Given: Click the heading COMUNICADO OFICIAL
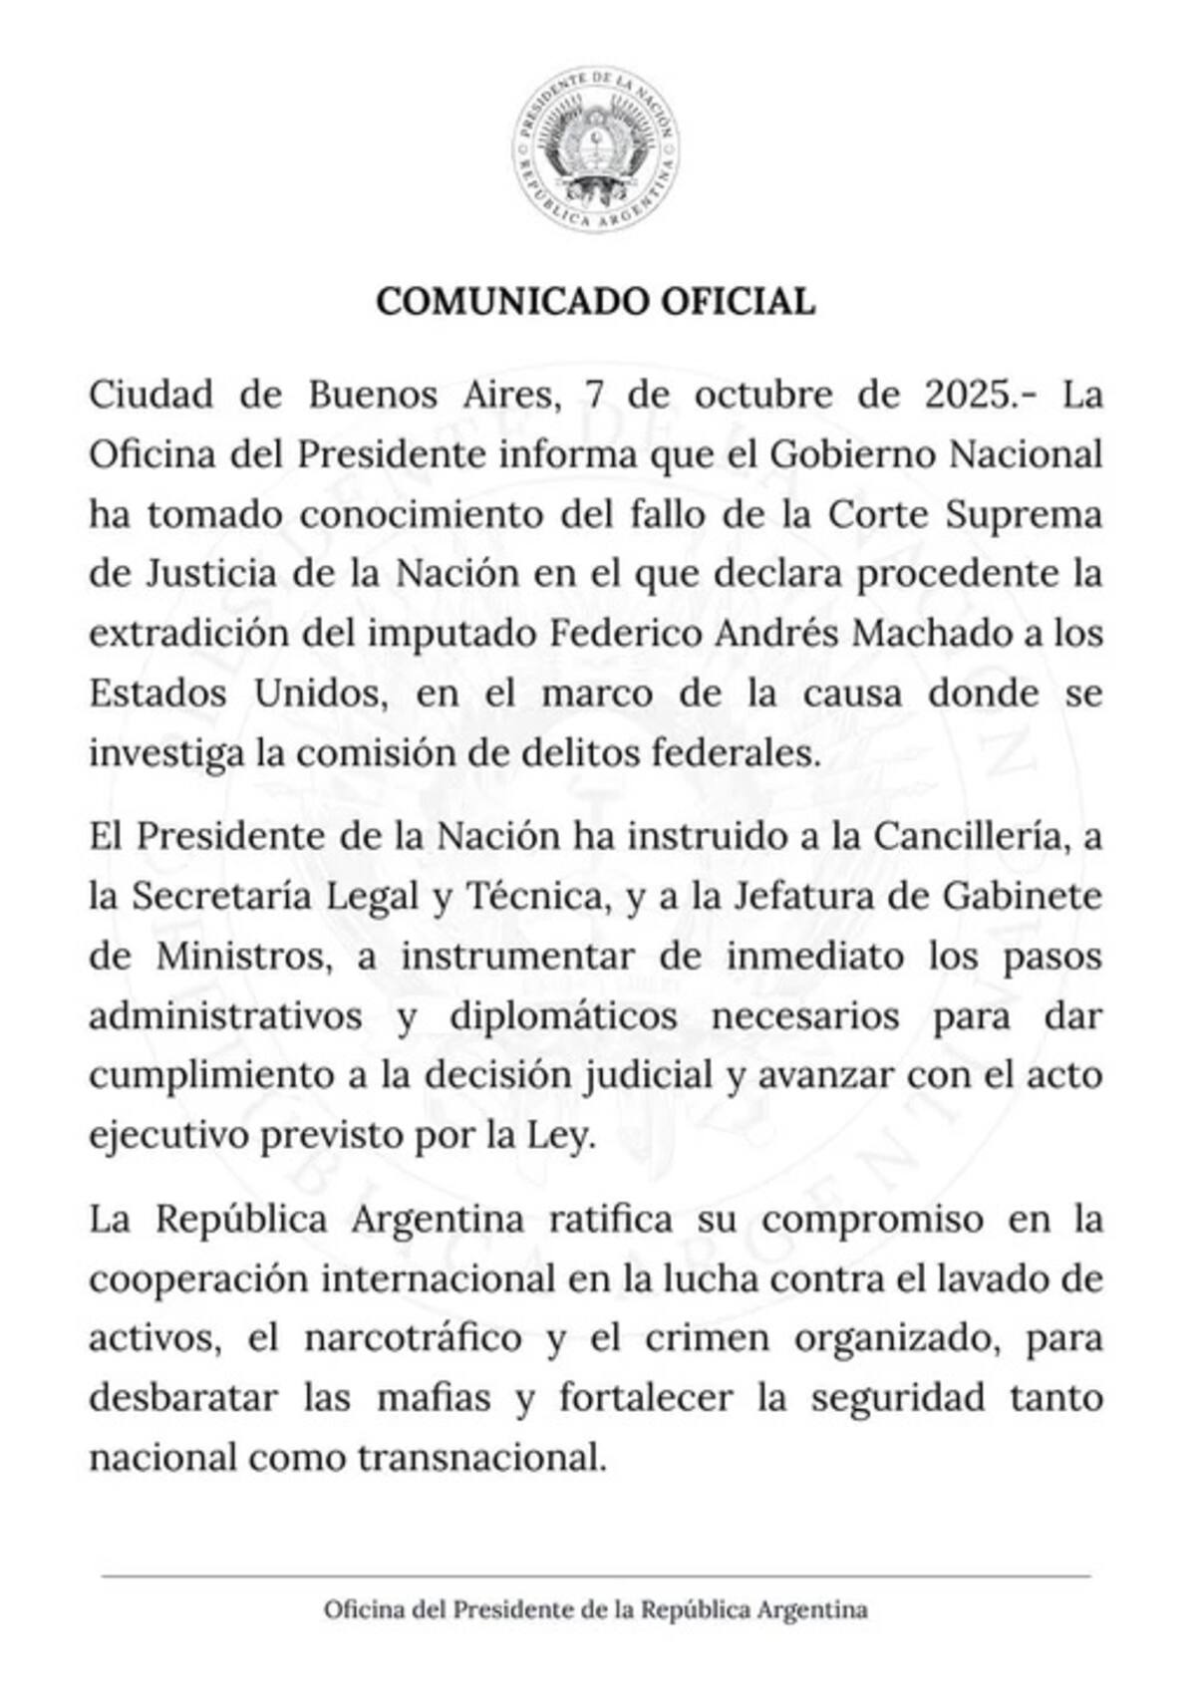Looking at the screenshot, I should [596, 302].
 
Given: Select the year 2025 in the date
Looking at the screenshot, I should [970, 395].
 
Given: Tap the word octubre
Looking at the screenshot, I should [762, 395].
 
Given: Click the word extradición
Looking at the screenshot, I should [176, 634].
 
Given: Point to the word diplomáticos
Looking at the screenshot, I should [564, 1016].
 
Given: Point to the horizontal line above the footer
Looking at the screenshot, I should [596, 1576].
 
